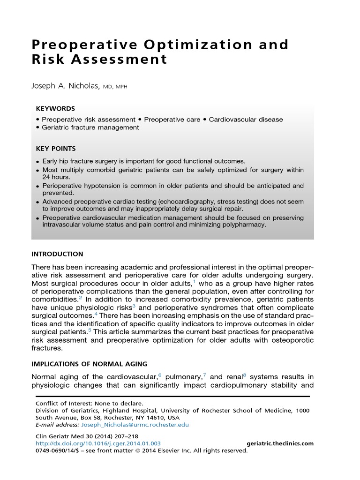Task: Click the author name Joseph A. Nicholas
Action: (64, 86)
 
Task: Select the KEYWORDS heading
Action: (55, 109)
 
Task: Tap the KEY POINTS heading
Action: (56, 149)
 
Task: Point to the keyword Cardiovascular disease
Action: (246, 120)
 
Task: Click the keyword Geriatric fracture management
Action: (90, 127)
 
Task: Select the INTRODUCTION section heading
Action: (57, 254)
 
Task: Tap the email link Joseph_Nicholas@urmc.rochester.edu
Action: (135, 425)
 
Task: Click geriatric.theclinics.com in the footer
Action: (280, 443)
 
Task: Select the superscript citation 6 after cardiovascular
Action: (160, 375)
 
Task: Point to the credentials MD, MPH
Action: (115, 87)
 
